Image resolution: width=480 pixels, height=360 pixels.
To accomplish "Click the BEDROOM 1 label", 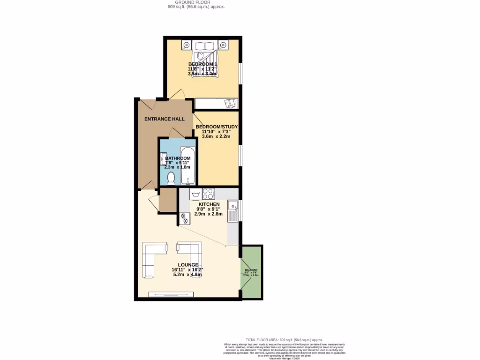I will pyautogui.click(x=202, y=64).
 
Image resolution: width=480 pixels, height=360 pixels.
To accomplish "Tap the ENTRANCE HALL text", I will pyautogui.click(x=164, y=119).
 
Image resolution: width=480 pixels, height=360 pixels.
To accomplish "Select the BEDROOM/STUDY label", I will pyautogui.click(x=217, y=127).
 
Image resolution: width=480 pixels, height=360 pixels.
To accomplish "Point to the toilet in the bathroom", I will pyautogui.click(x=171, y=178).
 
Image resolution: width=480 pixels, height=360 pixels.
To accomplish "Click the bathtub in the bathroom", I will pyautogui.click(x=187, y=165).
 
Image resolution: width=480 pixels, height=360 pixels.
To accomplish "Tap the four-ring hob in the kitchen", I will pyautogui.click(x=209, y=194).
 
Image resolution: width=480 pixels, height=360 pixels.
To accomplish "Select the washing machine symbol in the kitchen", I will pyautogui.click(x=196, y=194).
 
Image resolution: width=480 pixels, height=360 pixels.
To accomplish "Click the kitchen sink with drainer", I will pyautogui.click(x=232, y=211).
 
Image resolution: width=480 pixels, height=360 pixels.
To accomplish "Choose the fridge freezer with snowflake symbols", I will pyautogui.click(x=184, y=218).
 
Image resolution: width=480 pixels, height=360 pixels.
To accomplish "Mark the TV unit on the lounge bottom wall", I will pyautogui.click(x=171, y=294).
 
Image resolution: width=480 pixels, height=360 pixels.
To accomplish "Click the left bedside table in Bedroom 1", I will pyautogui.click(x=187, y=45).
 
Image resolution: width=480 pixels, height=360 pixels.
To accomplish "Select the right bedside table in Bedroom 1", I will pyautogui.click(x=224, y=45).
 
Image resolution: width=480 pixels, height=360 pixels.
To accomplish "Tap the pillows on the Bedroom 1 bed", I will pyautogui.click(x=205, y=45).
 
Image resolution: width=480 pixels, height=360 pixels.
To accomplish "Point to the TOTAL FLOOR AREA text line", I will pyautogui.click(x=285, y=339).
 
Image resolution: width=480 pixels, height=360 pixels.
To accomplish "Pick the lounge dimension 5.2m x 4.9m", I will pyautogui.click(x=187, y=275).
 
